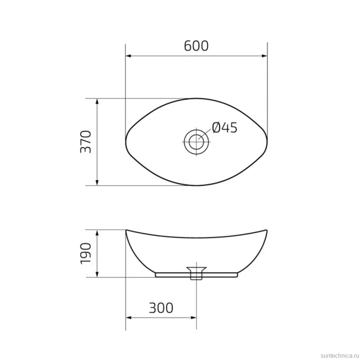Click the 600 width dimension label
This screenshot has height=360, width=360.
click(196, 46)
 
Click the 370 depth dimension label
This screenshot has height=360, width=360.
click(86, 142)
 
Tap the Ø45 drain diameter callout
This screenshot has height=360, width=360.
click(225, 128)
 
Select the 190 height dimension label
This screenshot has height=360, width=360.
click(86, 253)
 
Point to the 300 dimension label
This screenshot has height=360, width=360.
click(161, 308)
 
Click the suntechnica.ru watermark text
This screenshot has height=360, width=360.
click(340, 356)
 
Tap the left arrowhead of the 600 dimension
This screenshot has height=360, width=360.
click(128, 56)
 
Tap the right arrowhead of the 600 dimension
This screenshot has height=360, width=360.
click(265, 56)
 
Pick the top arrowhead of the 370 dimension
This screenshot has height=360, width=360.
click(97, 101)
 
